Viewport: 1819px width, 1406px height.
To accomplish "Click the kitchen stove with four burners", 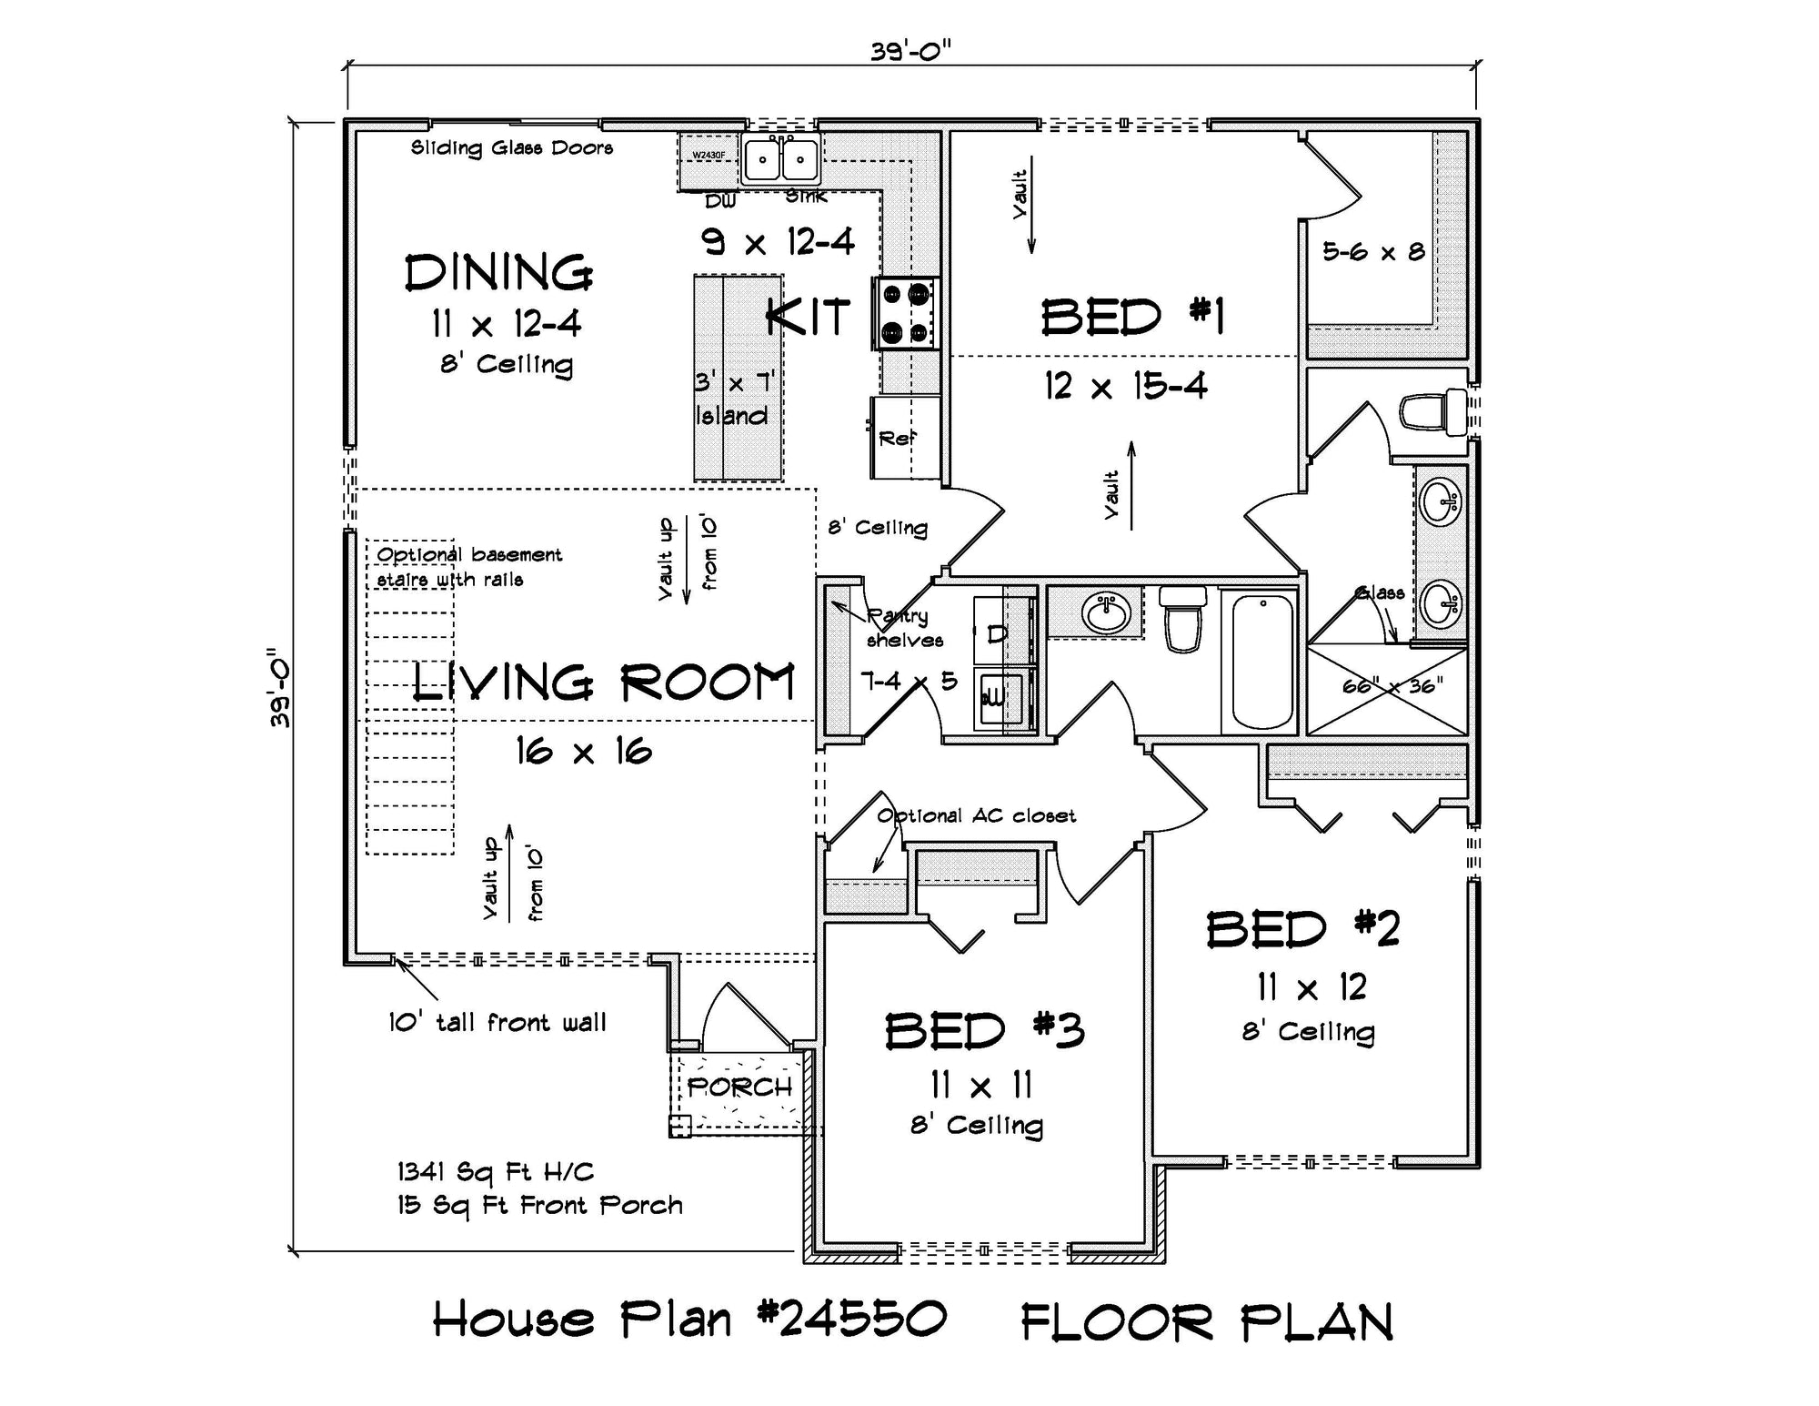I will click(905, 313).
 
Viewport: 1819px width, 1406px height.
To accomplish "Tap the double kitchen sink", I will click(780, 161).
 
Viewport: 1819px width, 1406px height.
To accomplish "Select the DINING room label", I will click(498, 273).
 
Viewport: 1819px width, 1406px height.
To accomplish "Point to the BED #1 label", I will click(1132, 318).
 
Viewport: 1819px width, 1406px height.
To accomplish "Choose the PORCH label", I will click(739, 1087).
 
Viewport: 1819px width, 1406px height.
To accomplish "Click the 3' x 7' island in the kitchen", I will click(738, 378).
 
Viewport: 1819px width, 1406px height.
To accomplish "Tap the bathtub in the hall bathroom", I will click(1262, 662).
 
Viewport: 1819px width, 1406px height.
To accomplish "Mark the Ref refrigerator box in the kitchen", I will click(905, 438).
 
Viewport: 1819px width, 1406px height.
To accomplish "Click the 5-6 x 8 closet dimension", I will click(1373, 252).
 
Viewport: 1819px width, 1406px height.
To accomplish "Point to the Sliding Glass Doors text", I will click(512, 147).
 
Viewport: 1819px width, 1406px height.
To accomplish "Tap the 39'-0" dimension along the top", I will click(910, 52).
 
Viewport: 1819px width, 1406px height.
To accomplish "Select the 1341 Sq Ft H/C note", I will click(496, 1172).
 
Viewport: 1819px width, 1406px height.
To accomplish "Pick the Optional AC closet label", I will click(976, 815).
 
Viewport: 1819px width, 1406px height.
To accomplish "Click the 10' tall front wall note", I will click(497, 1023).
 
